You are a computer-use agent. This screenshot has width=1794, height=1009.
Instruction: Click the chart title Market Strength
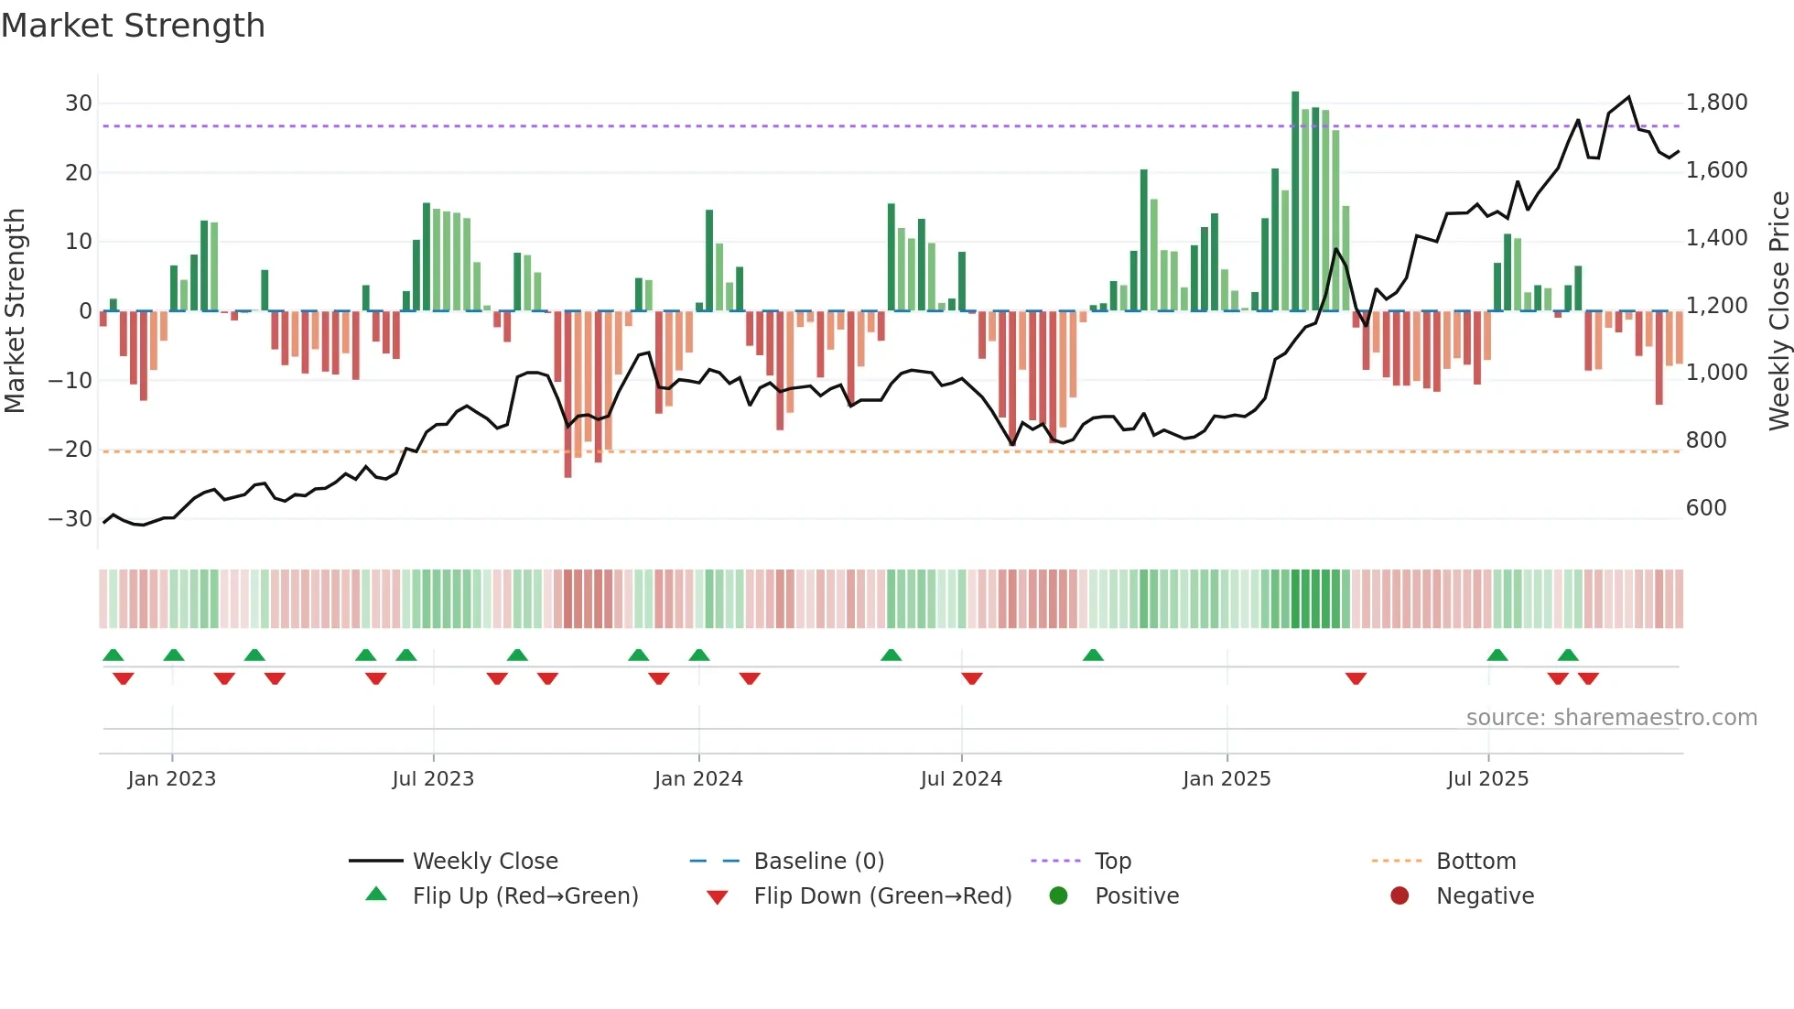tap(133, 26)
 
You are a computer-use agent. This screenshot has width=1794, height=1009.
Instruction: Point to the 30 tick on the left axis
tap(79, 103)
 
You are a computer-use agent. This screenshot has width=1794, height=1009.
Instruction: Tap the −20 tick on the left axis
tap(70, 450)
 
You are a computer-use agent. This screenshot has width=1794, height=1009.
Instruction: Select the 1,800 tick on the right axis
tap(1716, 103)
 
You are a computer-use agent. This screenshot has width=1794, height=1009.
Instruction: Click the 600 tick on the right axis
tap(1705, 508)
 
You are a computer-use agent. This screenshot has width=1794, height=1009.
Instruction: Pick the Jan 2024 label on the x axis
tap(698, 779)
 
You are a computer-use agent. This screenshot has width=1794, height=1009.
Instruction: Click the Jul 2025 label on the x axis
tap(1487, 779)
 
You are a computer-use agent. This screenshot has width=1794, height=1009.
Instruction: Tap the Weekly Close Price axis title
tap(1778, 310)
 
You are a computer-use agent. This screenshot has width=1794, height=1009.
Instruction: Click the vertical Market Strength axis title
tap(16, 310)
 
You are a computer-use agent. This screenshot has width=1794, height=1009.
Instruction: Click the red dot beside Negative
tap(1399, 895)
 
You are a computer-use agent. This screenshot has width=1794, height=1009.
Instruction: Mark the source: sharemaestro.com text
tap(1611, 718)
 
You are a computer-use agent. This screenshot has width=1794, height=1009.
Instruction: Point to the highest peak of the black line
tap(1628, 97)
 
